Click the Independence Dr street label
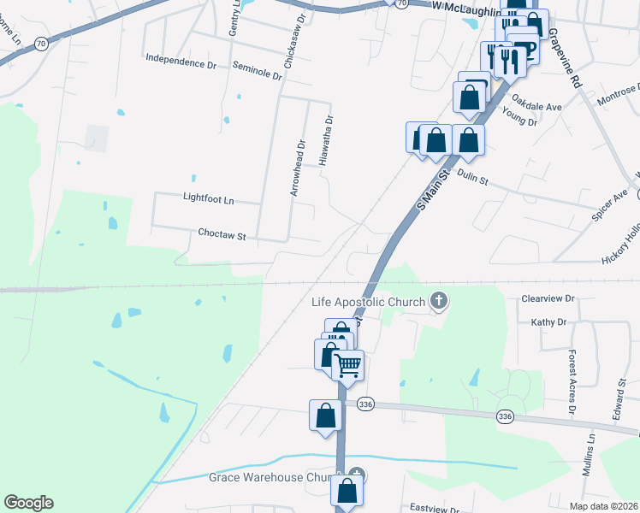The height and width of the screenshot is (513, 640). pos(181,62)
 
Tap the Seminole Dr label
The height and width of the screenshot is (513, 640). pos(257,70)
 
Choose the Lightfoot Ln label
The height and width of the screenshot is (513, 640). pos(208,198)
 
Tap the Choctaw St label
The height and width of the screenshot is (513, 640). pos(222,233)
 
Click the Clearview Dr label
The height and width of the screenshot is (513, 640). pos(548,300)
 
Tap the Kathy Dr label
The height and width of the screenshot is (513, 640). pos(548,322)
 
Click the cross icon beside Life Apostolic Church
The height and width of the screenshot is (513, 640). pos(439,300)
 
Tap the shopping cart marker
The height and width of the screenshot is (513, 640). pos(347,365)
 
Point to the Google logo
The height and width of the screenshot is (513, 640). pos(28,503)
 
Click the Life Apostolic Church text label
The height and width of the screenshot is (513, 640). pos(368,302)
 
